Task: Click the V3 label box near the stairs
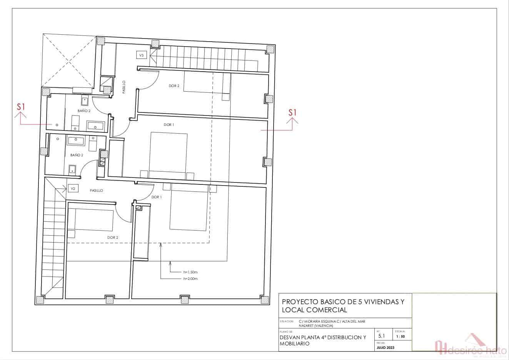141,55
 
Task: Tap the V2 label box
73,188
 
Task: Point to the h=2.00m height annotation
190,278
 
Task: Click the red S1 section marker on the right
293,113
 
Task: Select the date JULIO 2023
386,348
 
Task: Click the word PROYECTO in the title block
299,302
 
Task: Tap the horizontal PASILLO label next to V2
96,191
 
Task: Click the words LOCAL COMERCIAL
314,310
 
